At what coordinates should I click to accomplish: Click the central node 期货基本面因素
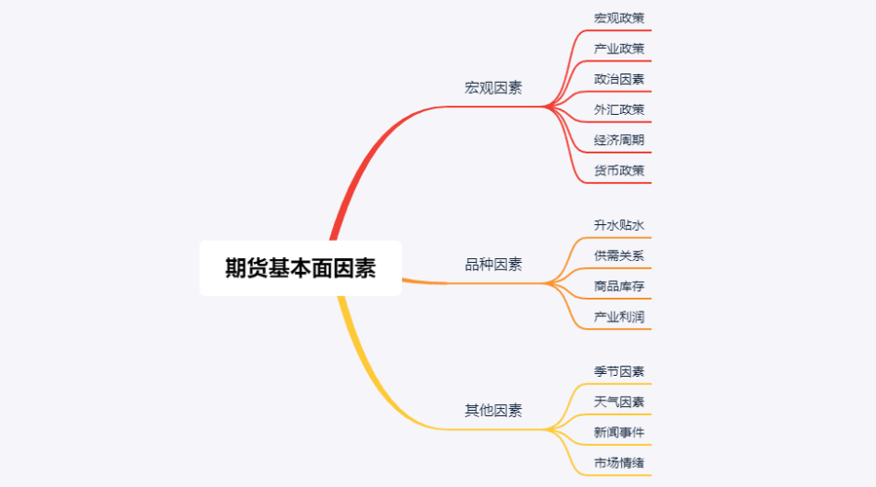click(300, 268)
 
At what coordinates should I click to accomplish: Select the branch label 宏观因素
click(493, 88)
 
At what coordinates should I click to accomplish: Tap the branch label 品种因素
click(493, 264)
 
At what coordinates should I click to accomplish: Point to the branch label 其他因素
click(493, 410)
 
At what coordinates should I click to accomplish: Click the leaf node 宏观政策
click(619, 18)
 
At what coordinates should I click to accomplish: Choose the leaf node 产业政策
click(619, 48)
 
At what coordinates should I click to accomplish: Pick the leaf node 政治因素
click(619, 79)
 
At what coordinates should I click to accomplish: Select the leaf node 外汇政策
click(619, 109)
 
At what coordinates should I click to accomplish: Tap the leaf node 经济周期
click(619, 140)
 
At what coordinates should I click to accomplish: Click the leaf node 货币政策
click(619, 170)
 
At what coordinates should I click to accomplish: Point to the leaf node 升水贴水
click(619, 225)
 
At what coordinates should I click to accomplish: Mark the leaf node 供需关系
click(619, 255)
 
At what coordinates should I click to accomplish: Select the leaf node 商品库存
click(619, 286)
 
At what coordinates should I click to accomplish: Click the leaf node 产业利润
click(619, 317)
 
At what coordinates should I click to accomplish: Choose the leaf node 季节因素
click(619, 371)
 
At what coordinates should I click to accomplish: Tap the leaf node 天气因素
click(619, 401)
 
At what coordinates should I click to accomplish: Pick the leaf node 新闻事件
click(619, 432)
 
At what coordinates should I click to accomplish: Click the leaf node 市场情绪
click(619, 463)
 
